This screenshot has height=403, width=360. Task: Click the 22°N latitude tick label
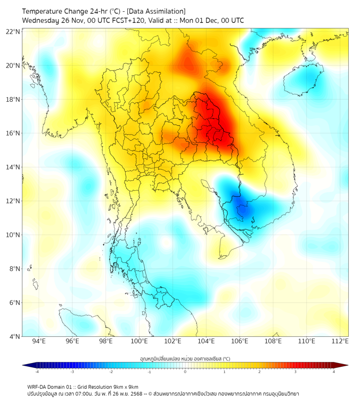coord(13,31)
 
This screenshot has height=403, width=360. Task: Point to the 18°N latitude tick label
coord(13,99)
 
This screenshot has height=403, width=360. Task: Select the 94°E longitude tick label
coord(39,341)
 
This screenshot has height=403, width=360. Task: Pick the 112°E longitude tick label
coord(340,341)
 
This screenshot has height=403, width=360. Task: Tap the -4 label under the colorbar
coord(36,372)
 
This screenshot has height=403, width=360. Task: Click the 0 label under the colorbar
coord(185,372)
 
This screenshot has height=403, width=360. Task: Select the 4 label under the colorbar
coord(333,372)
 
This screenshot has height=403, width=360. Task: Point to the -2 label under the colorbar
coord(111,372)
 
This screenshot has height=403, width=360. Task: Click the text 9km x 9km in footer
coord(125,386)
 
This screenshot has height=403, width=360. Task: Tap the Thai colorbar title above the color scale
coord(185,358)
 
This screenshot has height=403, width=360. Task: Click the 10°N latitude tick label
coord(13,235)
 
